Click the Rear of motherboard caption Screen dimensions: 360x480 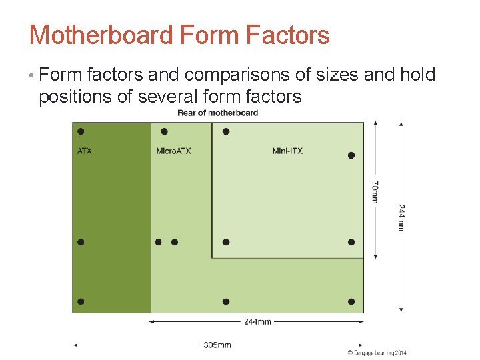[217, 113]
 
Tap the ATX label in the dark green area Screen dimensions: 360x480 [85, 151]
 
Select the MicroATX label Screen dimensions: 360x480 [173, 151]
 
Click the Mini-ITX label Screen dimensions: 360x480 [287, 151]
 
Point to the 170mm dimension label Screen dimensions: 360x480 [375, 189]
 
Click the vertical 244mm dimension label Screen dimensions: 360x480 [401, 217]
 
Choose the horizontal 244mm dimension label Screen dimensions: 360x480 [257, 321]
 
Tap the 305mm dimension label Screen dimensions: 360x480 [217, 345]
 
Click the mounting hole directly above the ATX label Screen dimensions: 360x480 [81, 131]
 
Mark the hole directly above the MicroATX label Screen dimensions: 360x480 [164, 131]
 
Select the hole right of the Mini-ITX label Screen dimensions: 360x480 [351, 155]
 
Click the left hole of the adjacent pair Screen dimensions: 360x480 [159, 242]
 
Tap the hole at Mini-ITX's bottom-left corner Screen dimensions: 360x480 [226, 242]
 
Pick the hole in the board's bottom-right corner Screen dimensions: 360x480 [351, 302]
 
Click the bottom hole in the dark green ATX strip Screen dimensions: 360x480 [81, 302]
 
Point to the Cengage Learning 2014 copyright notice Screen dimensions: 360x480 [377, 353]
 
